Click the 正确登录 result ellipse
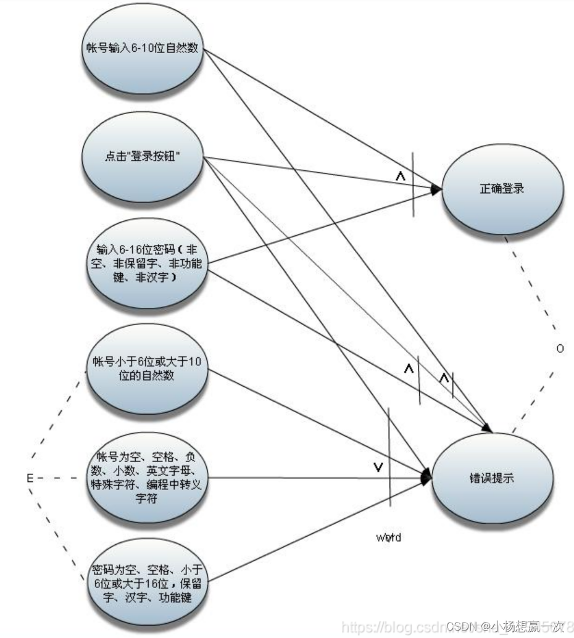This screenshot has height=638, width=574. point(501,189)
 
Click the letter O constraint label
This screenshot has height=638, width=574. point(560,349)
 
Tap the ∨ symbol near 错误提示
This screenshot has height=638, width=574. point(378,468)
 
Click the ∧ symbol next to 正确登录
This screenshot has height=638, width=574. point(400,177)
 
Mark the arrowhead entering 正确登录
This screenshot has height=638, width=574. point(436,189)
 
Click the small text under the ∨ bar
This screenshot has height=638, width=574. point(389,536)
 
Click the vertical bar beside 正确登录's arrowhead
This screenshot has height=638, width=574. point(414,185)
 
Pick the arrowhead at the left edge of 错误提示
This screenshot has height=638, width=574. point(426,477)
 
